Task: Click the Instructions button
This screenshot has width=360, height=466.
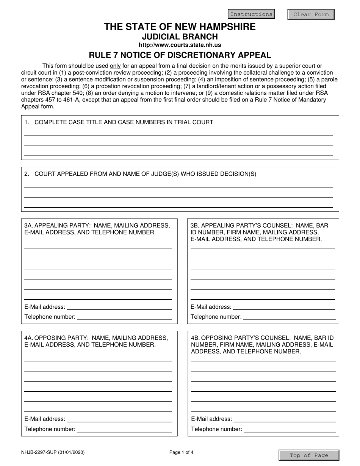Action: point(251,14)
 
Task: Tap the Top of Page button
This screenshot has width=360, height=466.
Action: point(309,455)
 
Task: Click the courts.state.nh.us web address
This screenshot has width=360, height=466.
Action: point(180,45)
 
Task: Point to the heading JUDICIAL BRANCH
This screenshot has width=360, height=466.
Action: point(180,37)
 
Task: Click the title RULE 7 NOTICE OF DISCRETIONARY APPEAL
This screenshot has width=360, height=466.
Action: point(180,55)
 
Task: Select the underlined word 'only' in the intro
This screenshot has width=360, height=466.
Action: point(115,66)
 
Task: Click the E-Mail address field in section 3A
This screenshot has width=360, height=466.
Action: point(119,306)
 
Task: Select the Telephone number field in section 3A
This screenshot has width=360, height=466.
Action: point(124,316)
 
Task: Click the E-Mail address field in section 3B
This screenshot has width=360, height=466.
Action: point(284,306)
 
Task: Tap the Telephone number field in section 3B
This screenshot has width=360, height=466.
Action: point(289,316)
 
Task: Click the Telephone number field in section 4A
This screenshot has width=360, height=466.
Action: point(124,428)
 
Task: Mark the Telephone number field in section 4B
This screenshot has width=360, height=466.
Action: point(290,428)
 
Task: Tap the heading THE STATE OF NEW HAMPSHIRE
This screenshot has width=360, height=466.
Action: point(180,27)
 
